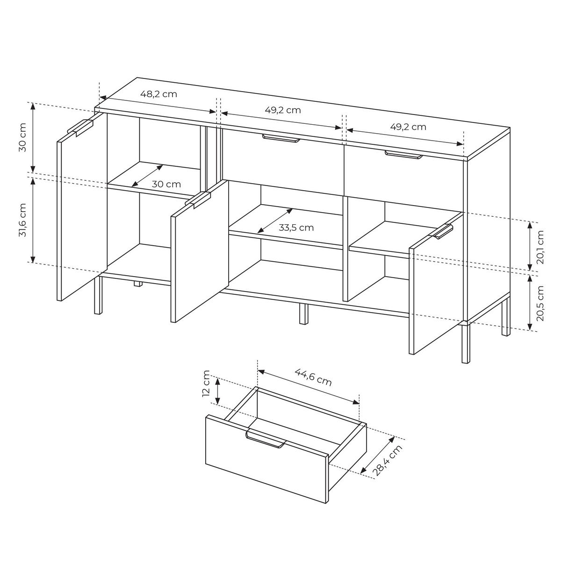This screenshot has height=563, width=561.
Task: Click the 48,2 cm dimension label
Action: [158, 94]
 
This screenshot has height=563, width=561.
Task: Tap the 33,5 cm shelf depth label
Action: [296, 228]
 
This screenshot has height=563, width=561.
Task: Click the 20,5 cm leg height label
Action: [540, 303]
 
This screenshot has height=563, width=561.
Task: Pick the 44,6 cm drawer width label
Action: [313, 377]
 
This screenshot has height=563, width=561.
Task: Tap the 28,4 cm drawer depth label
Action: [388, 461]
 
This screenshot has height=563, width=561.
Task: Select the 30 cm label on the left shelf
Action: [166, 184]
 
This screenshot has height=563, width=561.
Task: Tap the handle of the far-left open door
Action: [81, 128]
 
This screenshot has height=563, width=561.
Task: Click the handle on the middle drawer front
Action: [281, 138]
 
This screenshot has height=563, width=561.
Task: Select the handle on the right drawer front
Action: [403, 155]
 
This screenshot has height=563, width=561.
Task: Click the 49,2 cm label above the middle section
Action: [283, 110]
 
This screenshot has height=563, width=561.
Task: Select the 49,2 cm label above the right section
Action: [408, 127]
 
